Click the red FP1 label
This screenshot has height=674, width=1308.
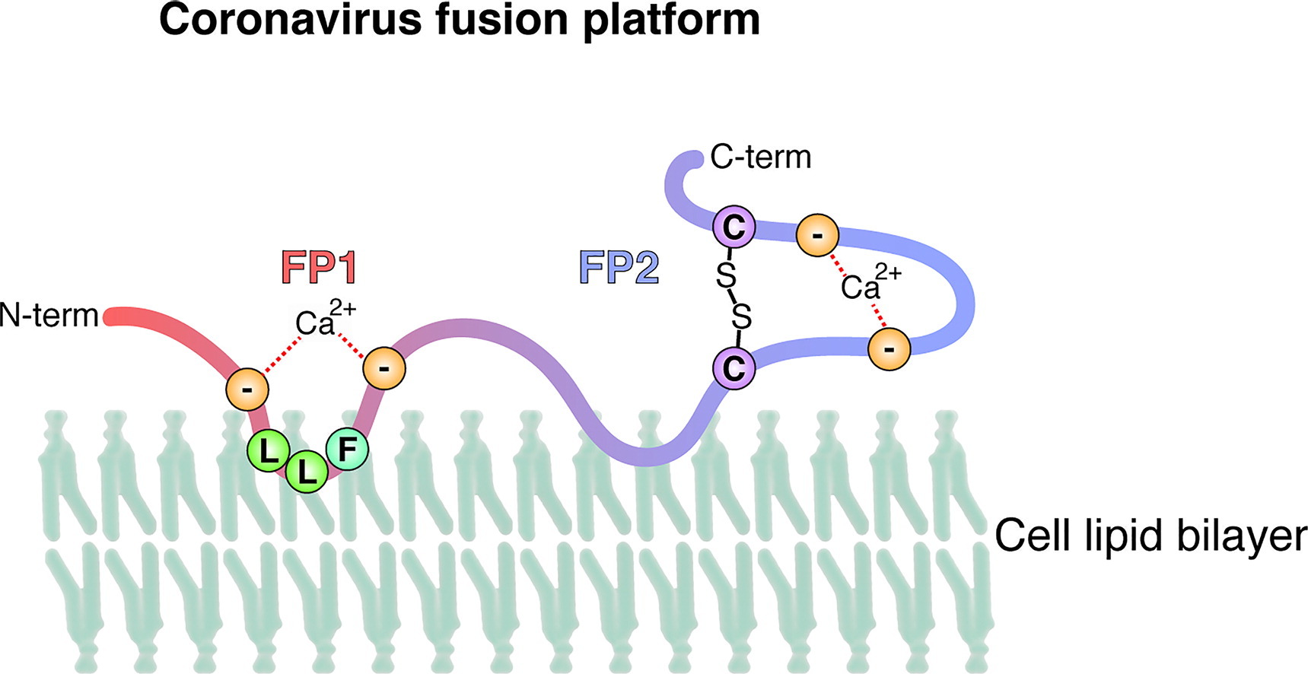click(319, 267)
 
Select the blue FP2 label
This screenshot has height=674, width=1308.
click(618, 267)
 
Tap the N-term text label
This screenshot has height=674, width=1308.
click(49, 315)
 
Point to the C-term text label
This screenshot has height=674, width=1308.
click(760, 157)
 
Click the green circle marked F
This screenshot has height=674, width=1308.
click(347, 449)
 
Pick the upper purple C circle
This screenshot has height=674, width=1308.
click(734, 227)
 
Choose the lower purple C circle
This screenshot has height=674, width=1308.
click(734, 368)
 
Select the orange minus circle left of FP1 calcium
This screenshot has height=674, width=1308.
click(247, 390)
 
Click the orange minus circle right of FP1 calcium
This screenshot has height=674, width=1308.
click(384, 369)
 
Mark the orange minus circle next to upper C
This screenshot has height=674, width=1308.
click(817, 236)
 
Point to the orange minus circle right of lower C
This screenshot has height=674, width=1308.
click(889, 349)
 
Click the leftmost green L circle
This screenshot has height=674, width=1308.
click(268, 452)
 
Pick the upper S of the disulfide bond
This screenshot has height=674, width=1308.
click(726, 275)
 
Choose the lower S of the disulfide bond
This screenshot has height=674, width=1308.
click(741, 316)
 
